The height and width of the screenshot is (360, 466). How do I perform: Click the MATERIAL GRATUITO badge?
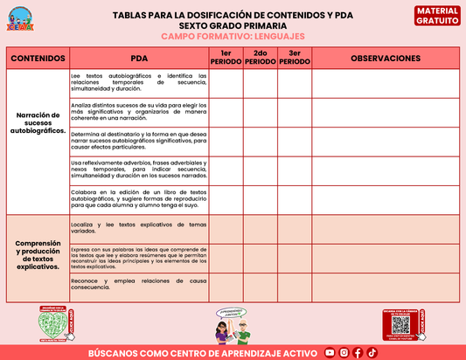(436, 15)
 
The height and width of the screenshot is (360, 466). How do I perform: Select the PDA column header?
(139, 59)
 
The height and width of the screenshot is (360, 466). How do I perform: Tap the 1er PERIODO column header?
(226, 59)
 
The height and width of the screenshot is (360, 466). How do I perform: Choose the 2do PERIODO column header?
(260, 59)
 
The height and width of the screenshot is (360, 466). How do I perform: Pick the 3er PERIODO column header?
(294, 59)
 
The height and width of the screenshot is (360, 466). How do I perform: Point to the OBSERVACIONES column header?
(385, 59)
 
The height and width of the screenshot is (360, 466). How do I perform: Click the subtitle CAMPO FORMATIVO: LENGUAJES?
(233, 37)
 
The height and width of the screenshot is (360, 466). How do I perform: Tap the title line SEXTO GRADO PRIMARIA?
(233, 26)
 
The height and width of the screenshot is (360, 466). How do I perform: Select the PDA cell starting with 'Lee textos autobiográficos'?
(139, 83)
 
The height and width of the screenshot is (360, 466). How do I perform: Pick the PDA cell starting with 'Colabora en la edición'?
(139, 200)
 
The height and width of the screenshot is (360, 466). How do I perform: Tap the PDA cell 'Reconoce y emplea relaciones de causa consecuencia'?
(139, 286)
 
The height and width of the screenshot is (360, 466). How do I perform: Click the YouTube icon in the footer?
(330, 352)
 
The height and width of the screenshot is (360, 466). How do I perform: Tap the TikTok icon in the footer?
(372, 352)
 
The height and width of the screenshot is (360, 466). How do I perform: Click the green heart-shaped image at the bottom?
(63, 324)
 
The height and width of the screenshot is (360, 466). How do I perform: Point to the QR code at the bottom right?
(401, 325)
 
